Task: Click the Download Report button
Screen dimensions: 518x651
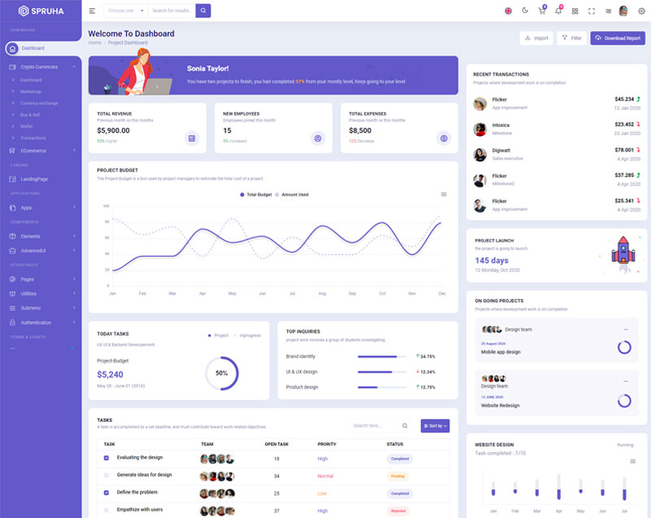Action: coord(618,38)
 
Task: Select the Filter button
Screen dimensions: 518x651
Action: coord(571,38)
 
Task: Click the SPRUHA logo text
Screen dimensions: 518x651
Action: coord(48,11)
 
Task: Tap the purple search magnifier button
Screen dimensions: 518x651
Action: coord(203,11)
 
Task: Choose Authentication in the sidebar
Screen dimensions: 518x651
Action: coord(36,323)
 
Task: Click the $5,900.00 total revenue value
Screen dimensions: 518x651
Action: coord(113,130)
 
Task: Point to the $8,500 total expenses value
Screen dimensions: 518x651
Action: coord(360,130)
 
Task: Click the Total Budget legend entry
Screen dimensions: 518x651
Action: coord(256,195)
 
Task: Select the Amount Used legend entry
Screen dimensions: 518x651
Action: coord(292,195)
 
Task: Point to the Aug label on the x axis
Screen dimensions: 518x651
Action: coord(322,293)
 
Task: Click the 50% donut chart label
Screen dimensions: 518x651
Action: coord(221,373)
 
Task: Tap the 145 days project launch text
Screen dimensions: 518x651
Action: coord(492,261)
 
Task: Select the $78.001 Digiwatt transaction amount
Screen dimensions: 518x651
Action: coord(624,150)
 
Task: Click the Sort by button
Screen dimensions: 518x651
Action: coord(435,425)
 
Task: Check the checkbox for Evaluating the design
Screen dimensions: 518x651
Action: coord(106,458)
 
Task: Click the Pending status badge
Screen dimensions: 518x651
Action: coord(398,476)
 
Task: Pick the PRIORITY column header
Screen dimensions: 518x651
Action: coord(326,444)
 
